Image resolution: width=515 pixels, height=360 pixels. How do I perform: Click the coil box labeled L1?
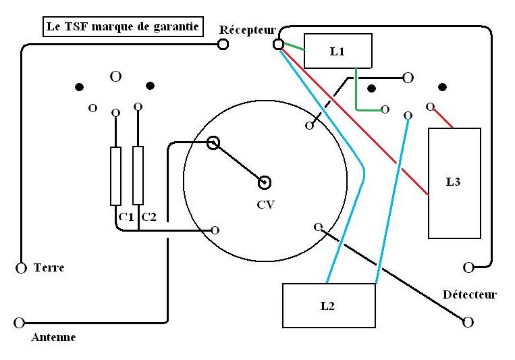pyautogui.click(x=337, y=51)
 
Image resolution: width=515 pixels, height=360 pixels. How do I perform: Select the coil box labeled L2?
pyautogui.click(x=328, y=305)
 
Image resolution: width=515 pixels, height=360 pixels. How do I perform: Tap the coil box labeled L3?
pyautogui.click(x=454, y=182)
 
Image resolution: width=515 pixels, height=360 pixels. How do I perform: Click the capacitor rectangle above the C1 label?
pyautogui.click(x=115, y=176)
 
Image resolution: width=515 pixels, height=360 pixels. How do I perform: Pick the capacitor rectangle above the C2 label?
pyautogui.click(x=138, y=175)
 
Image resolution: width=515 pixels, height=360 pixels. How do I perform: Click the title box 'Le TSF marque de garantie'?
pyautogui.click(x=122, y=28)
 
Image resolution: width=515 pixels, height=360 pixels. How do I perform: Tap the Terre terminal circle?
pyautogui.click(x=20, y=268)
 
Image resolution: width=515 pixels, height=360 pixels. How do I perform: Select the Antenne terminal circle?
pyautogui.click(x=19, y=322)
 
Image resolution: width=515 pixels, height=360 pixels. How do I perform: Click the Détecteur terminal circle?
pyautogui.click(x=467, y=322)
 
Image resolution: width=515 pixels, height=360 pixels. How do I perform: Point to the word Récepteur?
pyautogui.click(x=247, y=30)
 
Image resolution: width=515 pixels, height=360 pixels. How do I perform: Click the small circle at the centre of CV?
pyautogui.click(x=265, y=182)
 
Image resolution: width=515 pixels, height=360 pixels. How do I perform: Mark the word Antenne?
pyautogui.click(x=53, y=338)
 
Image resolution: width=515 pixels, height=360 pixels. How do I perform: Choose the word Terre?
pyautogui.click(x=49, y=268)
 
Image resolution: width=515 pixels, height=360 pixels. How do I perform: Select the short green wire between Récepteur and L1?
pyautogui.click(x=292, y=47)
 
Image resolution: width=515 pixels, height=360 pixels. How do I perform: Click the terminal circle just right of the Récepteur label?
pyautogui.click(x=277, y=45)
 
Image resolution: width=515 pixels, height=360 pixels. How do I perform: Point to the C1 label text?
pyautogui.click(x=124, y=216)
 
